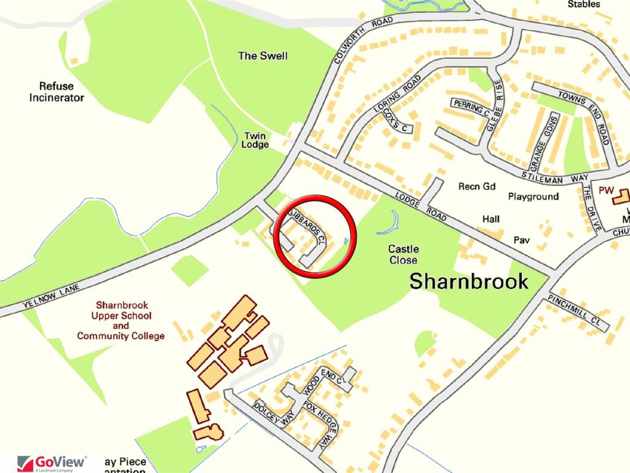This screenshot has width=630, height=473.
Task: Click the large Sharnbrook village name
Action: point(469,281)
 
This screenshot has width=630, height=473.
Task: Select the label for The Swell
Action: point(263,56)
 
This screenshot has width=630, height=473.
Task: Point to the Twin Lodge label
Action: point(257,140)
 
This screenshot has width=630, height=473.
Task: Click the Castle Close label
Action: point(404,254)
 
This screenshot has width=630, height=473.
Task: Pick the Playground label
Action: point(533,196)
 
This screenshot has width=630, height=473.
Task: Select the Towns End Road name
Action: point(583,118)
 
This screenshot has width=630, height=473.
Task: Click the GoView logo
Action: point(52,463)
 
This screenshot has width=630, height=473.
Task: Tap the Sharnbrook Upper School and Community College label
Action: point(121,320)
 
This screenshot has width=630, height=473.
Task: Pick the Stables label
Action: point(584,4)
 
